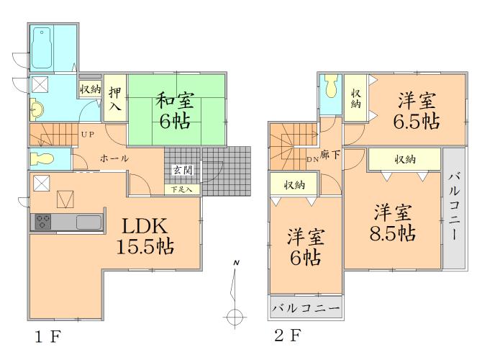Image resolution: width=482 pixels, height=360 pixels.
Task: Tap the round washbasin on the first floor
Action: [37, 110]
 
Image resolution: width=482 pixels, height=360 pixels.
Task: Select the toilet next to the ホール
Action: [42, 158]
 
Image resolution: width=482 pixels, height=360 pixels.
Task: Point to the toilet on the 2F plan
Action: [331, 88]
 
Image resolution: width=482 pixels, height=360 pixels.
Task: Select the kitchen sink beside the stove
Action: [90, 222]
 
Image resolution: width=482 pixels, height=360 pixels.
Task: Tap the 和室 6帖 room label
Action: [174, 109]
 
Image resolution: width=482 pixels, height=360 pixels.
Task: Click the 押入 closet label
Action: [115, 99]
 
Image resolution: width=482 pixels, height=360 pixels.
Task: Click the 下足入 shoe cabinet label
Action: [181, 189]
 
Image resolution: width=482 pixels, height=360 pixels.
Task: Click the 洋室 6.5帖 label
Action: [411, 110]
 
